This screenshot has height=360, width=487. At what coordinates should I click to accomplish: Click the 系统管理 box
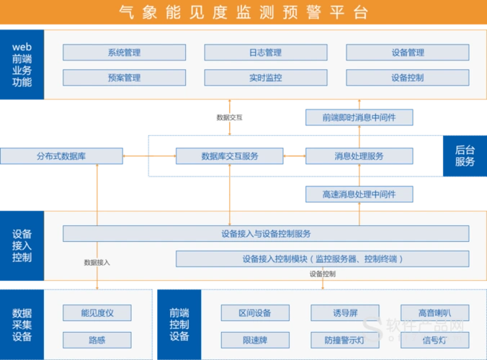coord(124,53)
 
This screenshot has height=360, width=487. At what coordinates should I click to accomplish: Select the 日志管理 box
coord(265,53)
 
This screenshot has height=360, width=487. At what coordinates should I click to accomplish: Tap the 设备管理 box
coord(408,53)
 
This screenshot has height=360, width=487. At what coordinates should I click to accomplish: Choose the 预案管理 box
coord(124,78)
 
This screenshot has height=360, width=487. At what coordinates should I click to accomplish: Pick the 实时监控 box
coord(265,78)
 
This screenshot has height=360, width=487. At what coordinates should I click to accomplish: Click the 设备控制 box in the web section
coord(408,78)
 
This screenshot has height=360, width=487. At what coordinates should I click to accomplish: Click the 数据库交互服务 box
coord(229,156)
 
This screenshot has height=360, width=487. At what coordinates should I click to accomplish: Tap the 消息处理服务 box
coord(359,156)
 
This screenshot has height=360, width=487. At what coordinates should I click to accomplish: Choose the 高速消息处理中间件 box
coord(359,194)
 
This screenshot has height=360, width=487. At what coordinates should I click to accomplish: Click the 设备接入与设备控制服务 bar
coord(266,233)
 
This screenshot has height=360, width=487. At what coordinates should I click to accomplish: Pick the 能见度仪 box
coord(97,312)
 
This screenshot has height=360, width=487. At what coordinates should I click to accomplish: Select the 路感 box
coord(97,339)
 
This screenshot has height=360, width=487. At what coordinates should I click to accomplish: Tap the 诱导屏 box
coord(345,312)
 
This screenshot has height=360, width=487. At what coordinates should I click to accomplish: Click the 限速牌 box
coord(256,339)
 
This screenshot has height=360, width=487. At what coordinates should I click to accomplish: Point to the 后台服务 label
coord(465,156)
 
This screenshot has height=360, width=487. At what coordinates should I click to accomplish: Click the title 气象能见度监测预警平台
coord(243,12)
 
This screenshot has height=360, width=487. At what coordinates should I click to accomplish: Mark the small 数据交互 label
coord(229,117)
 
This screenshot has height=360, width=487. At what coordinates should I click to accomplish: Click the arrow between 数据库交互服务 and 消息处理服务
coord(294,156)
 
